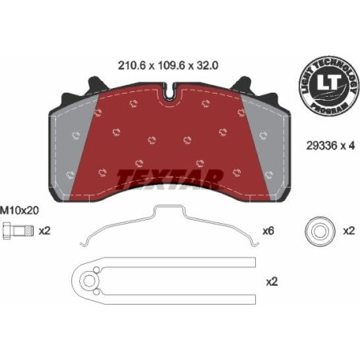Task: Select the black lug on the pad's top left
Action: [94, 82]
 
